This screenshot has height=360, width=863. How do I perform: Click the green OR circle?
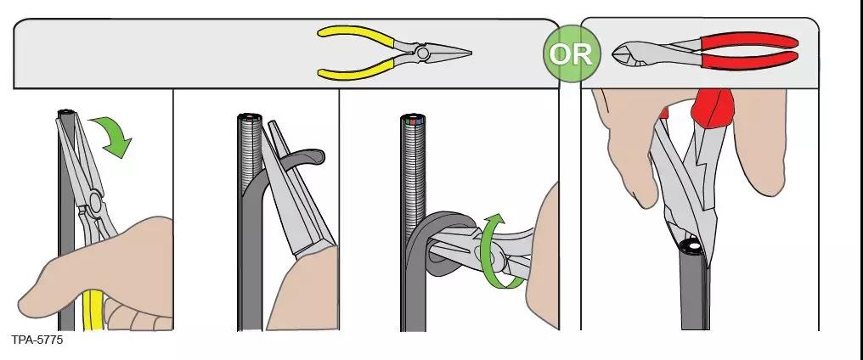[x=570, y=53]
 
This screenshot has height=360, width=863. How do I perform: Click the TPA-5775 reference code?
[x=37, y=340]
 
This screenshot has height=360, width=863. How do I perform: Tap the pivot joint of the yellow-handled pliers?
[x=422, y=53]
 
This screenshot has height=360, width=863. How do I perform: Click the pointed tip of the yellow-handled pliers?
[x=470, y=53]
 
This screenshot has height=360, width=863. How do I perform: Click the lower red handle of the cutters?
[x=748, y=60]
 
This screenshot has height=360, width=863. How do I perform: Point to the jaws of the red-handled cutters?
[x=628, y=54]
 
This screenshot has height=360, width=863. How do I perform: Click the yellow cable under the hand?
[x=93, y=309]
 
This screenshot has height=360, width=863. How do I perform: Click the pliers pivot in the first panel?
[x=94, y=201]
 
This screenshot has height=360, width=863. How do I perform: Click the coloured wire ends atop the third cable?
[x=412, y=119]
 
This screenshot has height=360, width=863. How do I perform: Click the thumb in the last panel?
[x=628, y=149]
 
